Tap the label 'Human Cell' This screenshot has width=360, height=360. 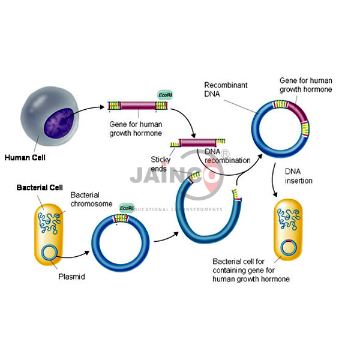coord(25,158)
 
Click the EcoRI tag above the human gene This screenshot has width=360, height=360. coord(164,95)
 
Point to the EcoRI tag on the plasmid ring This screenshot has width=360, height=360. coord(126,208)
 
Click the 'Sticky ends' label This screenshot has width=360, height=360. coord(161,164)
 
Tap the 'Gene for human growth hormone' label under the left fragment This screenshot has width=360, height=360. coord(135,128)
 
